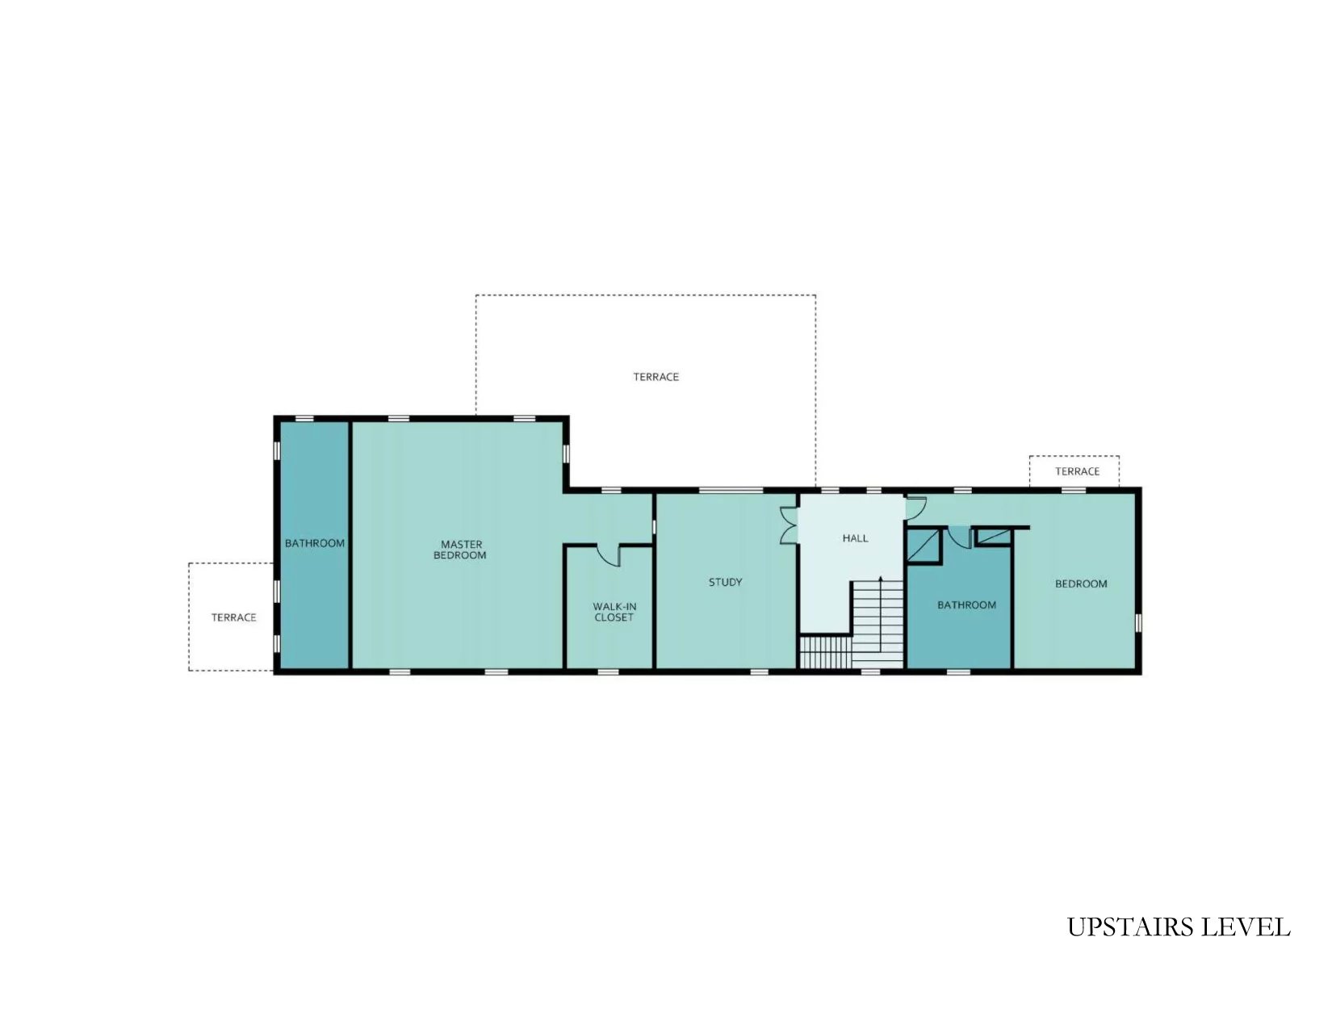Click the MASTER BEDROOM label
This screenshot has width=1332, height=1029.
tap(460, 549)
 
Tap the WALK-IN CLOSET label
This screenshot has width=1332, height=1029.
tap(614, 612)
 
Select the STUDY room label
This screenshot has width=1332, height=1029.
tap(725, 582)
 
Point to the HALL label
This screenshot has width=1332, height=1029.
tap(855, 538)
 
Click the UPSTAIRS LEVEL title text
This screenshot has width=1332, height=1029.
tap(1178, 927)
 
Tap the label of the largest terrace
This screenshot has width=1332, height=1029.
tap(656, 377)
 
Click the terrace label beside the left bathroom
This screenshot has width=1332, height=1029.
tap(233, 617)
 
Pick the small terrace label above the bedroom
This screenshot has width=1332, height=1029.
tap(1077, 471)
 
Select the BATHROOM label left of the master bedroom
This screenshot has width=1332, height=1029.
tap(315, 543)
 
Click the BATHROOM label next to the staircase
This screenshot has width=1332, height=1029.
tap(966, 605)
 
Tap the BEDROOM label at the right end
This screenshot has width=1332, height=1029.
tap(1081, 584)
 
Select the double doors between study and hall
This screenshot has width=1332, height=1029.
tap(789, 525)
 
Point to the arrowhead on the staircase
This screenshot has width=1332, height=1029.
tap(881, 579)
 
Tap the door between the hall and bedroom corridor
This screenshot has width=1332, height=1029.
tap(915, 507)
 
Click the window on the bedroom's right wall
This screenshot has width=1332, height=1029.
tap(1138, 623)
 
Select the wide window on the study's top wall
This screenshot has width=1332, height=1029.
tap(731, 491)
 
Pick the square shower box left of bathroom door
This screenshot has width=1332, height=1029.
tap(924, 546)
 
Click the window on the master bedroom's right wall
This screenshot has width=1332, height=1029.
tap(566, 454)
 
